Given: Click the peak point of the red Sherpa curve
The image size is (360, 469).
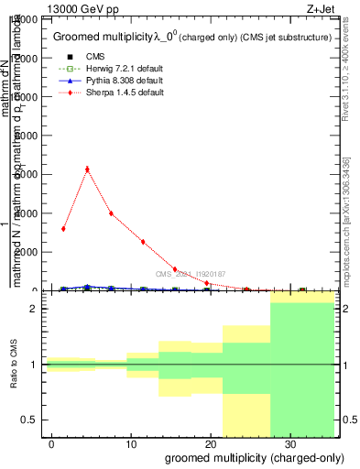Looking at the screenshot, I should click(x=87, y=169).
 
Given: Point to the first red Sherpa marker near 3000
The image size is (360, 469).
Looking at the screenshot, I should click(x=63, y=228).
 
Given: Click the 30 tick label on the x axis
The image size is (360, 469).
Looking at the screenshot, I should click(x=289, y=444).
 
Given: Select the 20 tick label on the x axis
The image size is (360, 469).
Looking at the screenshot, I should click(x=211, y=444).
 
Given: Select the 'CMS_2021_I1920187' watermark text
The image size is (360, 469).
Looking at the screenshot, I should click(x=190, y=274).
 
